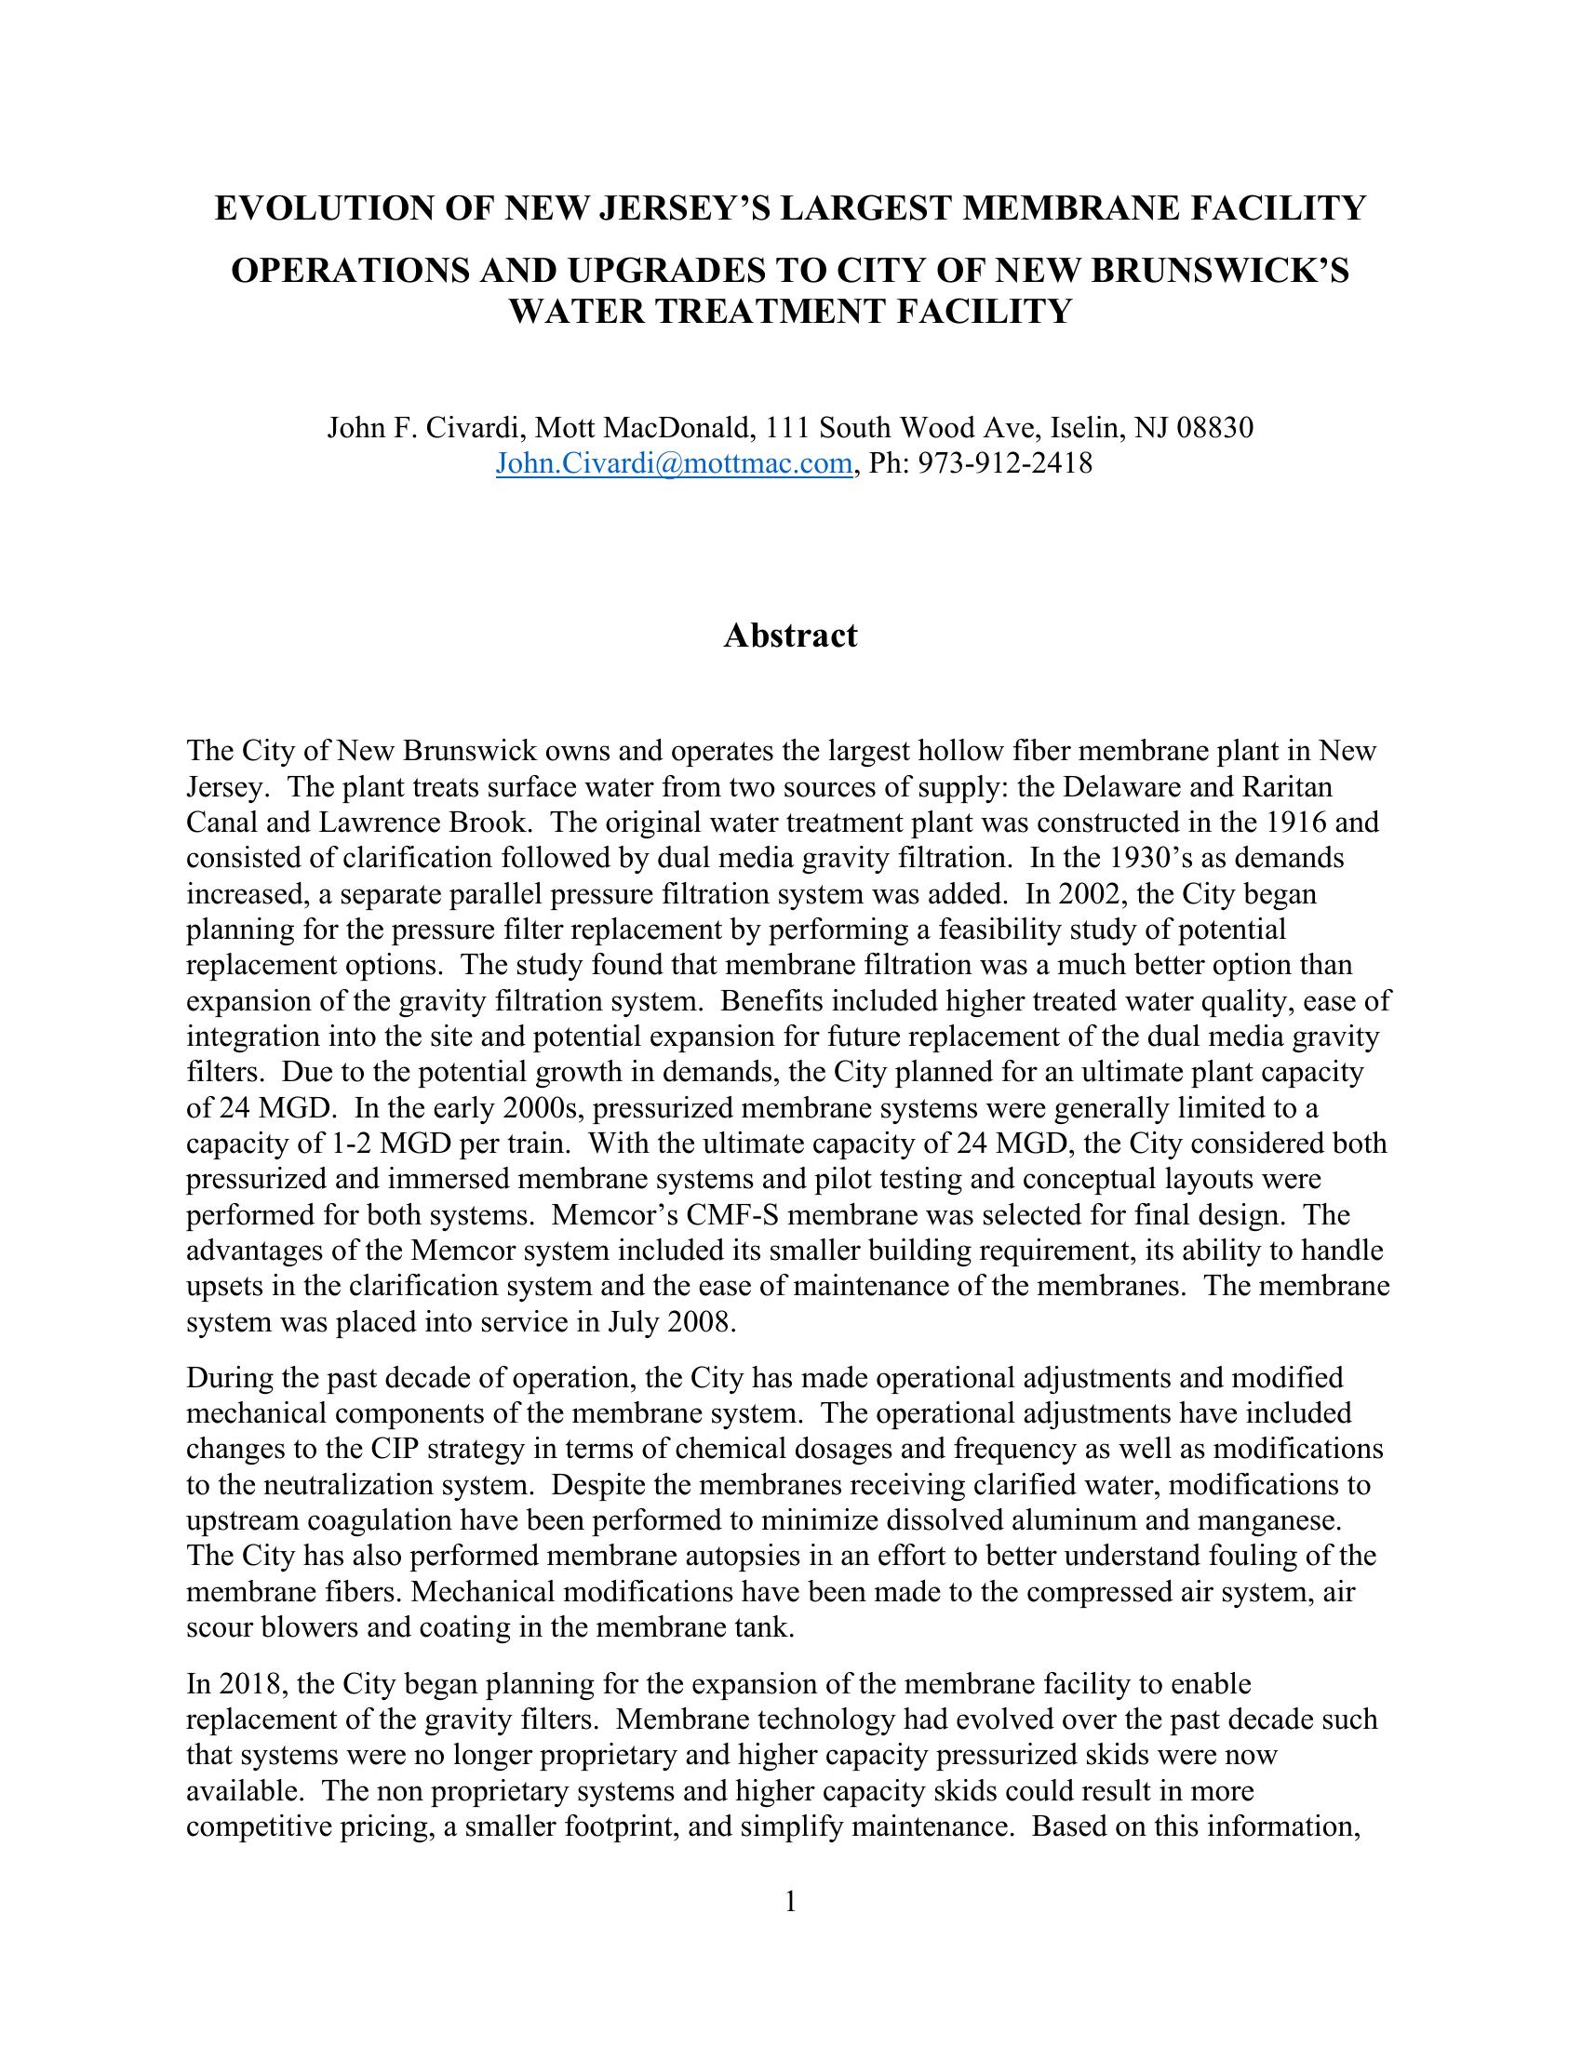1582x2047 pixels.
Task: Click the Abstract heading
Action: point(790,636)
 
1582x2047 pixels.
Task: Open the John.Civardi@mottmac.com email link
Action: point(673,463)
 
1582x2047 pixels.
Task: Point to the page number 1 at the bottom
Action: point(790,1902)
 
